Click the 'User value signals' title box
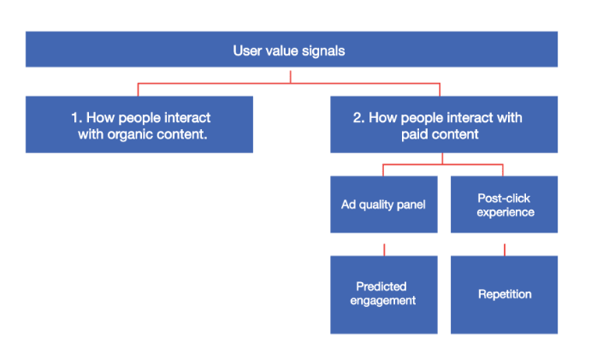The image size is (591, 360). tap(291, 50)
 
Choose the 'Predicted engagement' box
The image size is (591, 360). tap(384, 293)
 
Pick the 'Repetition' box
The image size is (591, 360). tap(504, 293)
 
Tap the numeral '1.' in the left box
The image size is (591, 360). tap(74, 117)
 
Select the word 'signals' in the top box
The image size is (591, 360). tap(325, 50)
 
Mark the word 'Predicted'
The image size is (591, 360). tap(381, 286)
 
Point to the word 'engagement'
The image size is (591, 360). tap(383, 300)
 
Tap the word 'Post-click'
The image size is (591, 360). tap(504, 198)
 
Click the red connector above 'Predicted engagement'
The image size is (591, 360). tap(384, 249)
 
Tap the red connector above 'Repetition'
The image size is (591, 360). tap(504, 249)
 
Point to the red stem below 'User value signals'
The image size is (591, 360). tap(291, 75)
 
